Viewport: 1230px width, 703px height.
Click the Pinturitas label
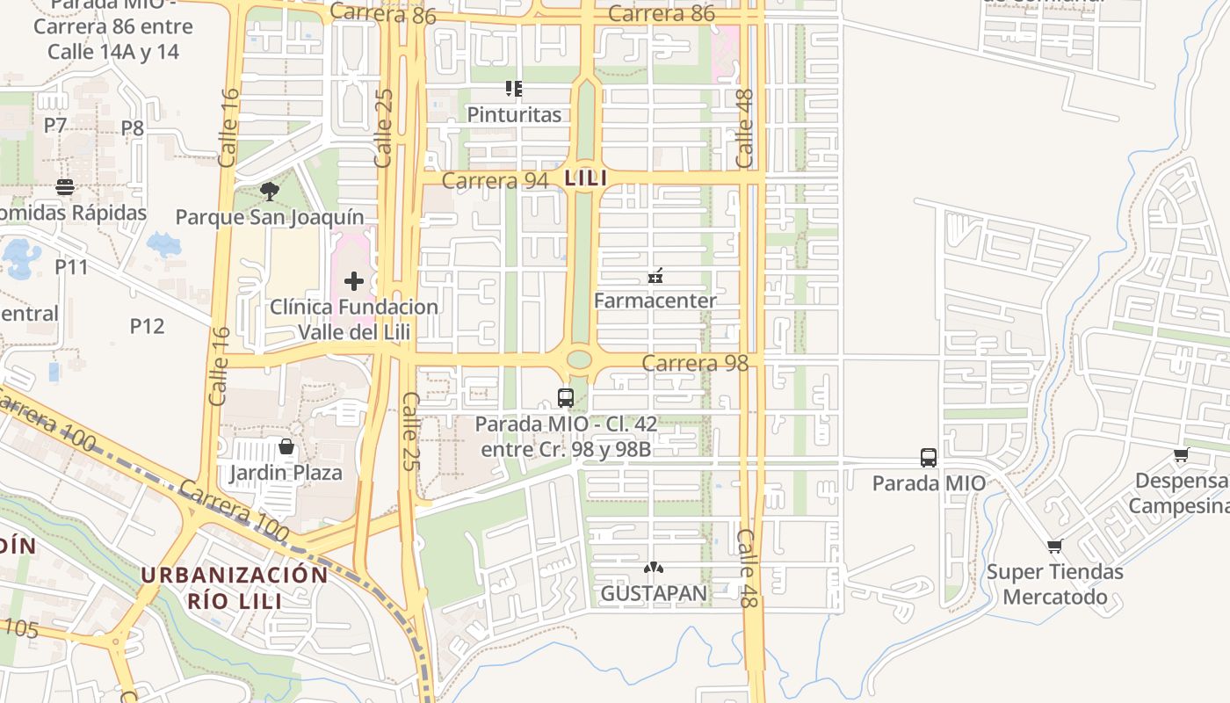(x=514, y=114)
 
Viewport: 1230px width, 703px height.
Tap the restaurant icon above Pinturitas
(x=514, y=88)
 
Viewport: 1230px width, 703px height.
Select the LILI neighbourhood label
(x=586, y=178)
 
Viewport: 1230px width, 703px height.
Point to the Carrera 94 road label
(x=495, y=180)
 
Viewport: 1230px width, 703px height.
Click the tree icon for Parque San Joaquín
(x=270, y=191)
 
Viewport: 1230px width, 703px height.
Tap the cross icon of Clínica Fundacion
(x=354, y=281)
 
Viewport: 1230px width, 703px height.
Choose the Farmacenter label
(x=655, y=301)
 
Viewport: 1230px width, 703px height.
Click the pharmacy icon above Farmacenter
(x=655, y=277)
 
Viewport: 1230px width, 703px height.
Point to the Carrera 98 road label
(x=695, y=363)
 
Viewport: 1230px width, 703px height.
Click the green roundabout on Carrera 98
(x=579, y=359)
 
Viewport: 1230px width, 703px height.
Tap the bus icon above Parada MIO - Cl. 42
(x=566, y=398)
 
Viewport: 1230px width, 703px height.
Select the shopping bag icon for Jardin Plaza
(x=286, y=447)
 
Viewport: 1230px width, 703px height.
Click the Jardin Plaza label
(x=286, y=473)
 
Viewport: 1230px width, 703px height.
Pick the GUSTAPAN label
(x=654, y=593)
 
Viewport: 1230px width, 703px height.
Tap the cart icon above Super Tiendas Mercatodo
(x=1055, y=547)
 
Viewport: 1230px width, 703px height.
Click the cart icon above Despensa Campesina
(x=1182, y=455)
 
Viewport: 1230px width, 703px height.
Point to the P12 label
(x=147, y=326)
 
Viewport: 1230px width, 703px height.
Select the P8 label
(x=132, y=128)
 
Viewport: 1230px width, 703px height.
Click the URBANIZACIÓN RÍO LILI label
(x=234, y=588)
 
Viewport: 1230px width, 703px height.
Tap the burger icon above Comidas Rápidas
(x=65, y=187)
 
